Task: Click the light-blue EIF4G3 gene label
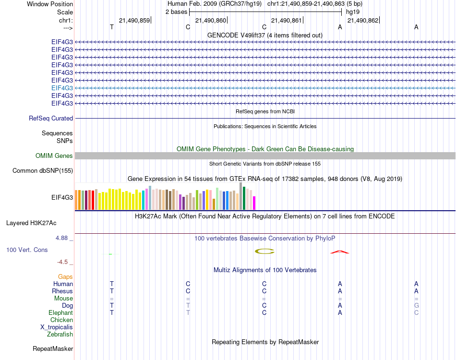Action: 62,88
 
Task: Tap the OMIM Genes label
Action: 54,156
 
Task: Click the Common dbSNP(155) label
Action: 43,170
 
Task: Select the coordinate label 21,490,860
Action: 211,20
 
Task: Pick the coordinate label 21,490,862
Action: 363,20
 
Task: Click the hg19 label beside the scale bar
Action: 352,11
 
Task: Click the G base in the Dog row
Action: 416,305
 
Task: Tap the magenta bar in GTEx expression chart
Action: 254,203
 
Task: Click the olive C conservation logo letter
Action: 264,251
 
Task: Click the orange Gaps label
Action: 65,276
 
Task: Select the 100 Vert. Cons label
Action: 27,250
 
